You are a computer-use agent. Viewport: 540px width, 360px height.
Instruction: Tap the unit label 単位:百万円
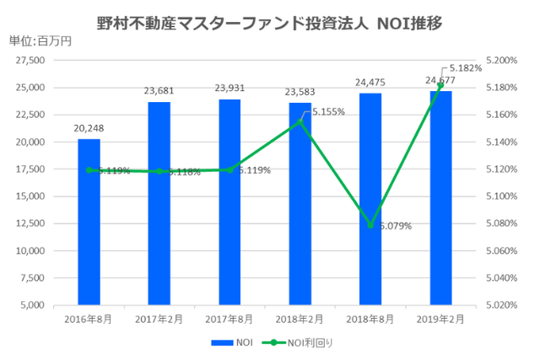40,41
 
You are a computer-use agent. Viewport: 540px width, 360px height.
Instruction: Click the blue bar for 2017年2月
159,202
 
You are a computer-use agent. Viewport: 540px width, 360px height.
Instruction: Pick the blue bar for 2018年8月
370,198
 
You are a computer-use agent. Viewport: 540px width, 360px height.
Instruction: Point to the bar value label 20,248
89,129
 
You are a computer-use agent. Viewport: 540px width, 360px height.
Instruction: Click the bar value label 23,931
229,89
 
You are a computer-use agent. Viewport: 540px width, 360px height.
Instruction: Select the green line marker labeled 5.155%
300,121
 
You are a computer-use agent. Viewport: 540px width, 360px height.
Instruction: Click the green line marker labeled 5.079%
370,225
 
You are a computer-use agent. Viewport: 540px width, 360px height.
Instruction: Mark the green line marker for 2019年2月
440,85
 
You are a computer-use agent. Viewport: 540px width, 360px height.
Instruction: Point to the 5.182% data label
466,67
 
